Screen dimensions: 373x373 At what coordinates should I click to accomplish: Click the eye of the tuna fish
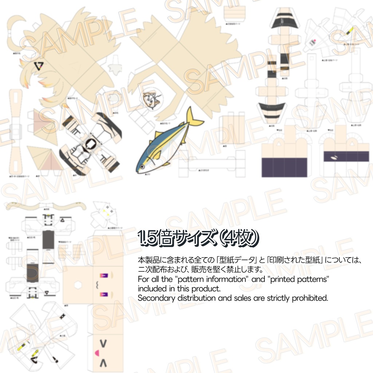point(141,166)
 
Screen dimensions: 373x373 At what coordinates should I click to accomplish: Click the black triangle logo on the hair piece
point(38,66)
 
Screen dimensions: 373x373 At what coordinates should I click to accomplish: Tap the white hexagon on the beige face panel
point(77,284)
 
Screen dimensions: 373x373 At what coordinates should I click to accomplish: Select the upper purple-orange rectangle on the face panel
point(103,276)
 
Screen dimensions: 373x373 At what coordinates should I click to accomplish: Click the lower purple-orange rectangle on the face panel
point(103,293)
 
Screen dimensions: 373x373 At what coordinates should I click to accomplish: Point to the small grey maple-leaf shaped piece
point(115,67)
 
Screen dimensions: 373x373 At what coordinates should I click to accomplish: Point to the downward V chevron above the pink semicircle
point(103,343)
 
